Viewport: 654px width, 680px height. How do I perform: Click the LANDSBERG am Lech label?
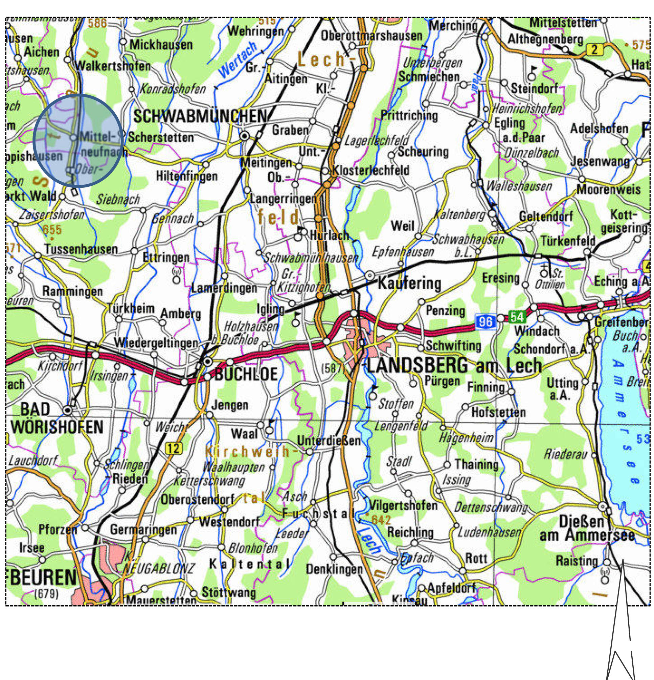tap(454, 365)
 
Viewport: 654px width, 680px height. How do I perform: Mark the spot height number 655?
tap(52, 230)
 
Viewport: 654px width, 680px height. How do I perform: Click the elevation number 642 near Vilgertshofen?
tap(381, 519)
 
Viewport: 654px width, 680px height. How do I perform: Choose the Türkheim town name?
tap(131, 308)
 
